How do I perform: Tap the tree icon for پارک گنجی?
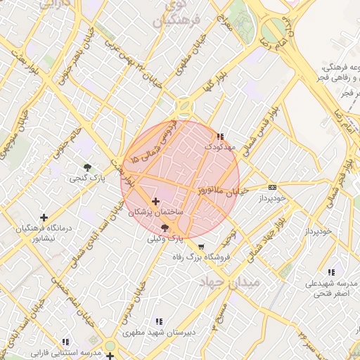click(x=87, y=167)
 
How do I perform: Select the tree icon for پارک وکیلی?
click(x=165, y=228)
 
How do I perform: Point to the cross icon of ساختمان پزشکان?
click(x=156, y=202)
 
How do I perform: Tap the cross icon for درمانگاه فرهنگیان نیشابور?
click(x=44, y=218)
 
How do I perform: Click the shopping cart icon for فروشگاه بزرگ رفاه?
click(x=201, y=247)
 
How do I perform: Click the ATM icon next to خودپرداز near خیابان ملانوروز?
click(x=273, y=187)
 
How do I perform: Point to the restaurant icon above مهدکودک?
click(x=221, y=136)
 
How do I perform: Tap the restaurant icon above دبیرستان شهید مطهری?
click(x=157, y=321)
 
